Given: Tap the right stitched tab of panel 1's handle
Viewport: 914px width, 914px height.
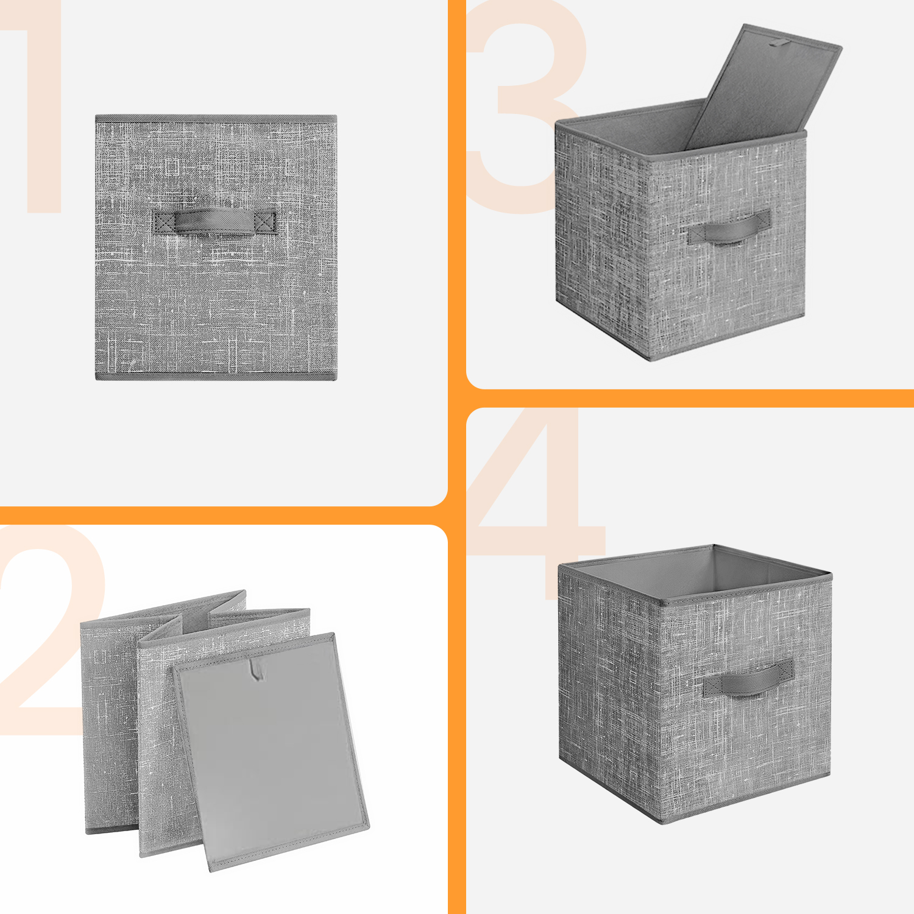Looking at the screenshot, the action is (265, 222).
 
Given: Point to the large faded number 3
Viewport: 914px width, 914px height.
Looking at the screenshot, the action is (524, 107).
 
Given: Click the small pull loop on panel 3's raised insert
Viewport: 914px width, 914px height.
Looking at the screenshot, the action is (779, 43).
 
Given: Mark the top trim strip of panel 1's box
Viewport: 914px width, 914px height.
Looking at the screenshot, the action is (216, 118).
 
